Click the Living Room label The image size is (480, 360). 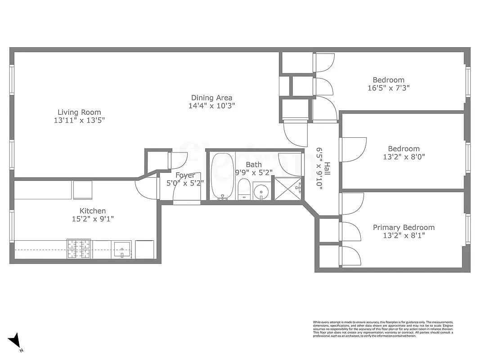pos(79,112)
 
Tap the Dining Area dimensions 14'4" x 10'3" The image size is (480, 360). pos(211,106)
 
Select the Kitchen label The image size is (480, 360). pos(93,211)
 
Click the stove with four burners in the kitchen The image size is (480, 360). pos(79,249)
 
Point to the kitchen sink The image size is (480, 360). pos(121,249)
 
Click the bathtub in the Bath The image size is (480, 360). pos(223,176)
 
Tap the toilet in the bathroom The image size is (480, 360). pos(243,189)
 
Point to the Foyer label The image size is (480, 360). pos(185,175)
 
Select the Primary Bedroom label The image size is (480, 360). pos(404,227)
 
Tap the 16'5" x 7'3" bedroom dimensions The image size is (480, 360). pos(388,88)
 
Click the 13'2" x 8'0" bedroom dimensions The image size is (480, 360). pos(404,157)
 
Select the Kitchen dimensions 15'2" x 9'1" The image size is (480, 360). pos(93,219)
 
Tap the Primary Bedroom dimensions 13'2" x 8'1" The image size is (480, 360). pos(404,235)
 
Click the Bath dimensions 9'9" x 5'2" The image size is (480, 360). pos(253,172)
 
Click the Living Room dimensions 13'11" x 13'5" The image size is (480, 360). pos(79,120)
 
